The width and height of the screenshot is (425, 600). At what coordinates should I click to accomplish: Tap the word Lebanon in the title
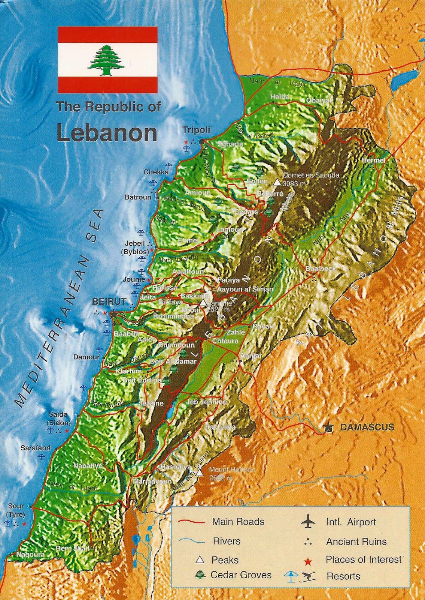pos(107,133)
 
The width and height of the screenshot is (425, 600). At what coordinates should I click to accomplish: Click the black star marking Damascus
pos(329,427)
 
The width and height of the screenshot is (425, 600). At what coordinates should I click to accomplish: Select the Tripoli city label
pos(196,130)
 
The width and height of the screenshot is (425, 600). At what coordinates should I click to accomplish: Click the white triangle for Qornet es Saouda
pos(277,182)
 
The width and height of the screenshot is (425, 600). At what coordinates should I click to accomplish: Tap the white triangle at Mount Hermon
pos(200,472)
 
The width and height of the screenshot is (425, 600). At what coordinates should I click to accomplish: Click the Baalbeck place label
pos(320,268)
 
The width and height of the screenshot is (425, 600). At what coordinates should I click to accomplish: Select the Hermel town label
pos(373,160)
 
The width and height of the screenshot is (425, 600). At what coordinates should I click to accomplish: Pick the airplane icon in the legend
pos(308,521)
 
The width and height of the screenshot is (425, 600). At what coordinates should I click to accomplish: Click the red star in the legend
pos(308,561)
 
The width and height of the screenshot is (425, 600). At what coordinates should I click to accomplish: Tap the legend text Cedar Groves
pos(241,575)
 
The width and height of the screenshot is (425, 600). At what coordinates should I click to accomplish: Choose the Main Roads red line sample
pos(191,522)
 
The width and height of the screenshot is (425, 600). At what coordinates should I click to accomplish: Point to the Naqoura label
pos(30,554)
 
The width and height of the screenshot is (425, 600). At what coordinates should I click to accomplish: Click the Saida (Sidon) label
pos(58,418)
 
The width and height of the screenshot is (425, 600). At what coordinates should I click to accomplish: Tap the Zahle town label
pos(236,332)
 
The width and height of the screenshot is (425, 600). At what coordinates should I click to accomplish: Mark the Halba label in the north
pos(280,97)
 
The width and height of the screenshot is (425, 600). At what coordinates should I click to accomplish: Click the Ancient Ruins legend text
pos(356,541)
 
